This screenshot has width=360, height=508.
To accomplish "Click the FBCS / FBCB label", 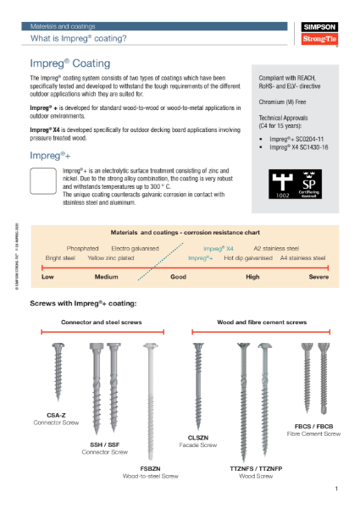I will tap(313, 426).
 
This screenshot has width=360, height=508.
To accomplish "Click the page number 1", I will tap(335, 489).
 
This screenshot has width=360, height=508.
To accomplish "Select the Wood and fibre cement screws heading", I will tap(261, 298).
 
